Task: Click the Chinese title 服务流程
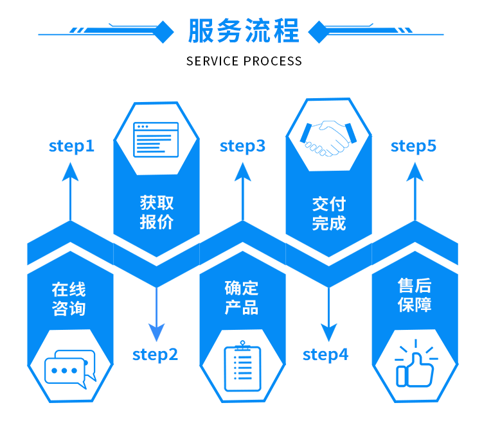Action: tap(244, 30)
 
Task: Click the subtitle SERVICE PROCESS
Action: tap(244, 61)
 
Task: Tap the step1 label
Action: tap(71, 146)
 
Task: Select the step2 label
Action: tap(155, 355)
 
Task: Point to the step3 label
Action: tap(242, 146)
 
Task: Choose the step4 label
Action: tap(326, 355)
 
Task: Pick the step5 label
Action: tap(413, 146)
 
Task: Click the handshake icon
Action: tap(328, 138)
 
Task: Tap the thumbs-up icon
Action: tap(416, 363)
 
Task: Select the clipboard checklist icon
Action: tap(242, 366)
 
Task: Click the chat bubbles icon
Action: tap(71, 369)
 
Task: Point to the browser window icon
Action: tap(156, 140)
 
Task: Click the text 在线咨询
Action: tap(69, 299)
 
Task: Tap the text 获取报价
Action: tap(157, 212)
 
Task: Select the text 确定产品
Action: tap(242, 298)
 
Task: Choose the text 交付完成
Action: tap(329, 214)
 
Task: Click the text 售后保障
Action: tap(415, 295)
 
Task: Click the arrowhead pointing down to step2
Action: tap(156, 332)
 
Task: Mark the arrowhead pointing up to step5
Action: tap(415, 171)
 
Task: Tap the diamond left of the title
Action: tap(164, 32)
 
